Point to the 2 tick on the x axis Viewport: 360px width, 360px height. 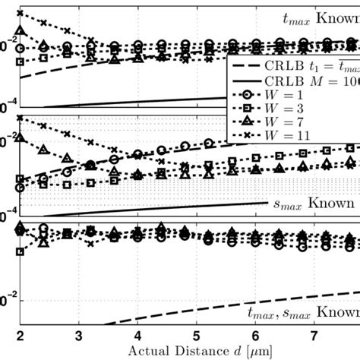coord(21,335)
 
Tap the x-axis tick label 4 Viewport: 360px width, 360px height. coord(137,335)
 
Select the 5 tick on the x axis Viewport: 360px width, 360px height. coord(196,335)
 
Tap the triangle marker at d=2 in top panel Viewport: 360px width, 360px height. coord(21,30)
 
